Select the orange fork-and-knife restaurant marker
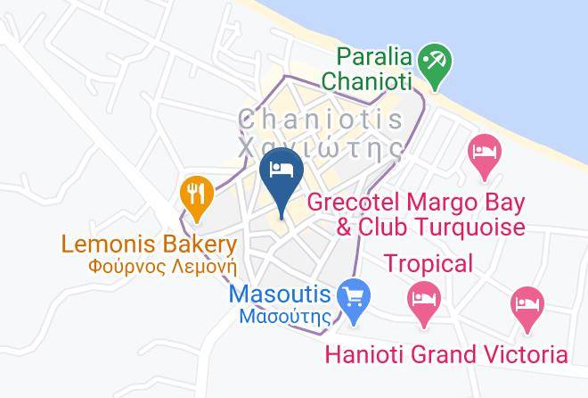click(195, 195)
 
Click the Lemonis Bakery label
click(149, 244)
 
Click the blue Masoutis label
click(280, 294)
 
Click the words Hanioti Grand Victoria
click(445, 354)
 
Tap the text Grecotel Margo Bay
click(416, 203)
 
